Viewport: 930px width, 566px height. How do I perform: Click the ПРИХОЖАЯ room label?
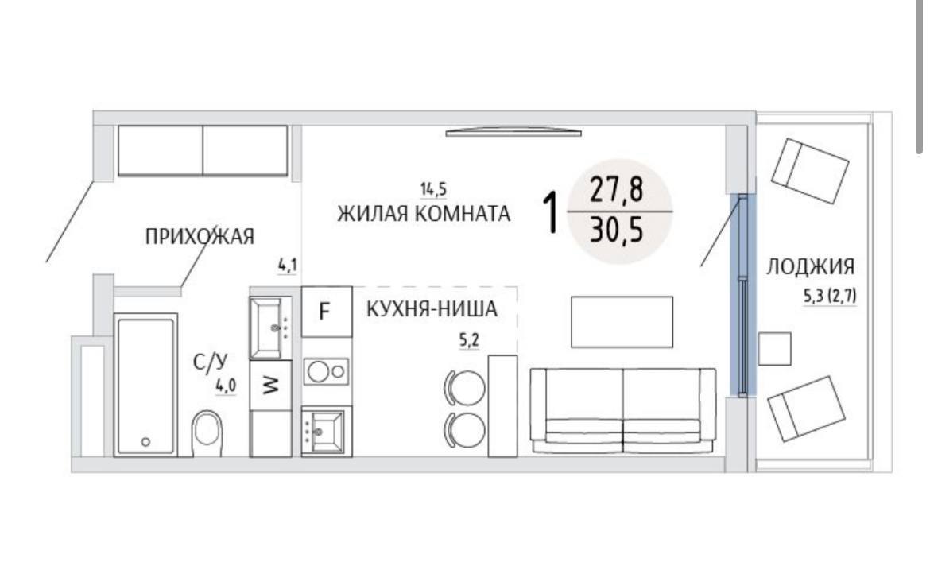tap(200, 237)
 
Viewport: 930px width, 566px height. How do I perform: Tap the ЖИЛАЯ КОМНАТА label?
tap(424, 213)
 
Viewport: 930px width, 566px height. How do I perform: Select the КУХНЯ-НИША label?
tap(432, 309)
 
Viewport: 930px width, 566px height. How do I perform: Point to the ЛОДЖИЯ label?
tap(810, 266)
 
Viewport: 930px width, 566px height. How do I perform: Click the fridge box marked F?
tap(326, 312)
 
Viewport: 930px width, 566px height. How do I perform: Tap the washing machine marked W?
tap(270, 386)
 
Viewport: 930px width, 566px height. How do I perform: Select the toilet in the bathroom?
tap(207, 433)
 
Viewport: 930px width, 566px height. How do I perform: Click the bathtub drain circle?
tap(146, 441)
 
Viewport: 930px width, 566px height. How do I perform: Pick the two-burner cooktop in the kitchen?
tap(326, 372)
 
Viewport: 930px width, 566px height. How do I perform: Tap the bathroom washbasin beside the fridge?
tap(270, 328)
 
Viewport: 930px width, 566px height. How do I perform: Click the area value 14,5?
tap(433, 190)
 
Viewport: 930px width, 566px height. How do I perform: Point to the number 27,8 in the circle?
tap(616, 189)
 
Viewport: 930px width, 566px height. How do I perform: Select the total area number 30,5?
tap(617, 231)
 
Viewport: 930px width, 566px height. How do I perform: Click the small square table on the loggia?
tap(775, 349)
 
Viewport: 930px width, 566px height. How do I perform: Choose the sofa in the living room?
tap(622, 410)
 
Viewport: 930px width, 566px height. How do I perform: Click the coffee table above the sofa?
tap(622, 322)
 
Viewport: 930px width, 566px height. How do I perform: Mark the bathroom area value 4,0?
tap(226, 386)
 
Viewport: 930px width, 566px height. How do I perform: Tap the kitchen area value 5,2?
tap(468, 340)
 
